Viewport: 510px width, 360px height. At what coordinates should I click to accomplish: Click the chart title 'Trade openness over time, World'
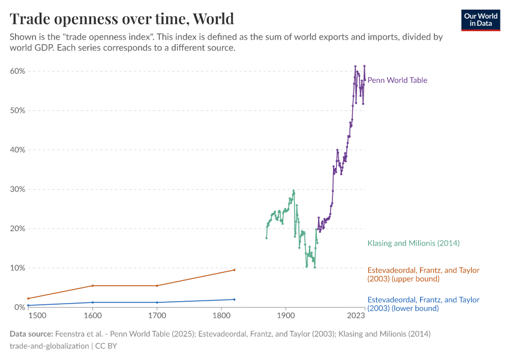[122, 18]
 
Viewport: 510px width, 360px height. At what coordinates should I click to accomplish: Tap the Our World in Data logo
[481, 20]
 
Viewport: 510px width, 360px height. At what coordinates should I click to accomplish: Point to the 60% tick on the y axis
[17, 71]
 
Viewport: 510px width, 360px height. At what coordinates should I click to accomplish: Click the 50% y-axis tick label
[17, 110]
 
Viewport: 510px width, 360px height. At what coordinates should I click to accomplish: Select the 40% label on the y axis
[17, 150]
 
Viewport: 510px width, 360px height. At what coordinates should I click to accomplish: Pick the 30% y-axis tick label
[17, 189]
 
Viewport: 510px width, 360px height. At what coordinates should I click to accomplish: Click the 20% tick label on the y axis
[17, 229]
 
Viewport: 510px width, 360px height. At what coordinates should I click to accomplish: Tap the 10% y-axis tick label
[17, 268]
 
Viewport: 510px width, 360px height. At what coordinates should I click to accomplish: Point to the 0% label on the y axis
[19, 307]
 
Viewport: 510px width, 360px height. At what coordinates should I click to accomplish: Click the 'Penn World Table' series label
[397, 80]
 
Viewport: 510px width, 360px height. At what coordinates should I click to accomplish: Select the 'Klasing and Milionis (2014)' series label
[413, 243]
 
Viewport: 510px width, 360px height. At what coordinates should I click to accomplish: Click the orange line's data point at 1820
[234, 270]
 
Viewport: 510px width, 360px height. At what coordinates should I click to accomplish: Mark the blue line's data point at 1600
[92, 302]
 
